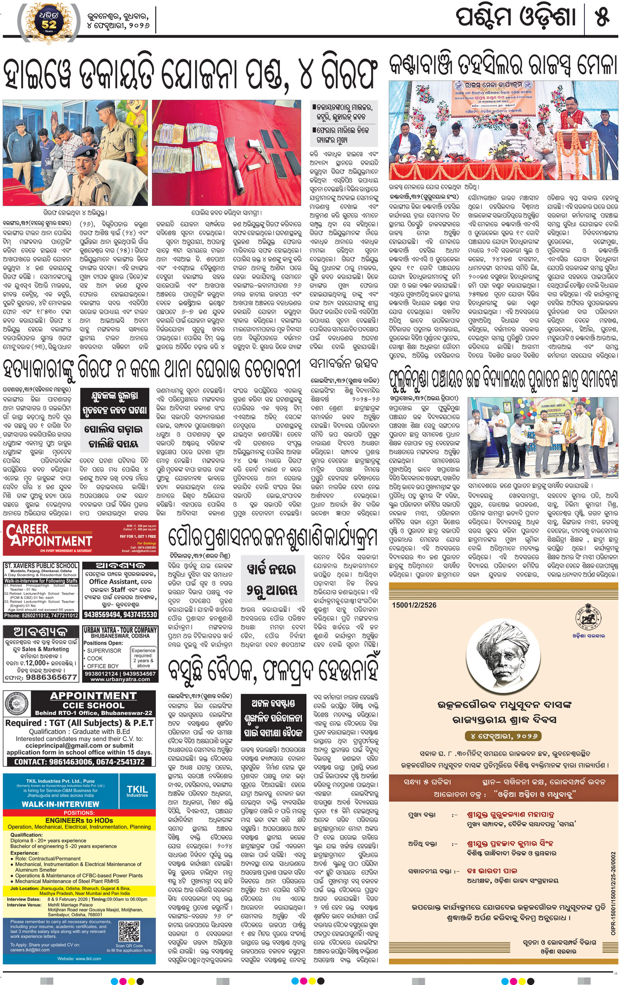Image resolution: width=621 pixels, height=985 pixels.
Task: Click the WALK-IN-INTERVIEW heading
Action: click(x=61, y=804)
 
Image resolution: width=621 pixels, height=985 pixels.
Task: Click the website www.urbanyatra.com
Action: click(x=120, y=679)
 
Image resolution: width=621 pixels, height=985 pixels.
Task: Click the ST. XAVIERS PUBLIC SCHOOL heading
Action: click(x=41, y=565)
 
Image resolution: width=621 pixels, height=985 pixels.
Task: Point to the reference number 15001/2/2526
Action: click(x=414, y=605)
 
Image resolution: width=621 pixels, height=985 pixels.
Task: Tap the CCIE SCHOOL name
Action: click(x=94, y=705)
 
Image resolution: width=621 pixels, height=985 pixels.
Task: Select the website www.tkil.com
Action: click(x=79, y=959)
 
